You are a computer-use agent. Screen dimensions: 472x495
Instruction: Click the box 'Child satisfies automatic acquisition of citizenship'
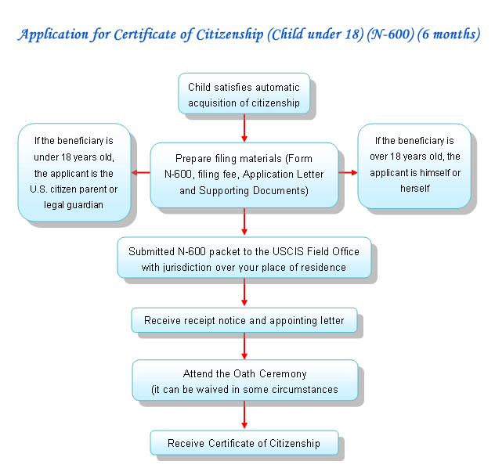tap(244, 94)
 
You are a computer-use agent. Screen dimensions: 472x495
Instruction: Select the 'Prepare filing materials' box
tap(244, 175)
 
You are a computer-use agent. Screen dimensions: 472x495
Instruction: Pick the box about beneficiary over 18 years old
tap(414, 164)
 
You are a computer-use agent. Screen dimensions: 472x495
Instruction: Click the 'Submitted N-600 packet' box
tap(244, 259)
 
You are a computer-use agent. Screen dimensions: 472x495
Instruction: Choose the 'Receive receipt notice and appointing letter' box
tap(244, 319)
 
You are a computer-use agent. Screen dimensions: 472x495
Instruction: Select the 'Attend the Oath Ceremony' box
tap(244, 380)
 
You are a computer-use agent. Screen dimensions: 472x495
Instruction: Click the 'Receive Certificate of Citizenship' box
tap(244, 443)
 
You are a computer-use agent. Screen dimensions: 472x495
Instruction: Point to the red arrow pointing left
tap(141, 173)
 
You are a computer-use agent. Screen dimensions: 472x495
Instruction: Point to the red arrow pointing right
tap(348, 173)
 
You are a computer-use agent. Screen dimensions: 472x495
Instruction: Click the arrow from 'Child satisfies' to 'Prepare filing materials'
tap(244, 128)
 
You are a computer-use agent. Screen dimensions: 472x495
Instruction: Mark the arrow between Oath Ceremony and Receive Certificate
tap(244, 415)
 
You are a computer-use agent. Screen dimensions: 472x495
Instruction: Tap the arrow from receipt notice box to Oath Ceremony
tap(244, 345)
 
